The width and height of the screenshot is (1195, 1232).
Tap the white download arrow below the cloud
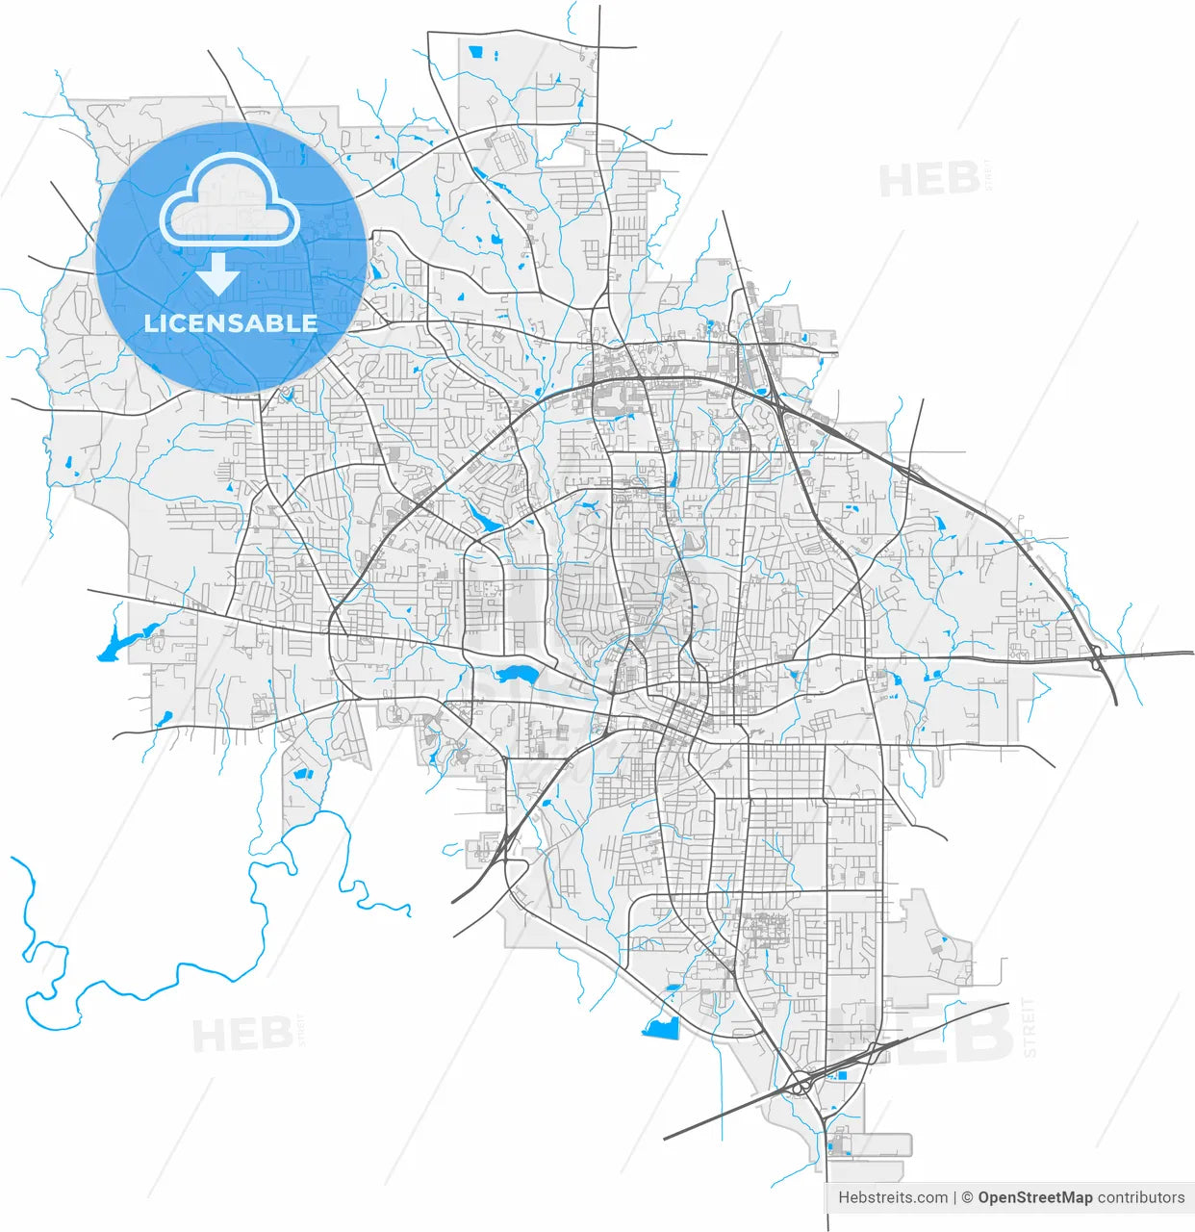[x=219, y=275]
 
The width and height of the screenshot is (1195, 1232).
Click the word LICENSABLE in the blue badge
[x=231, y=323]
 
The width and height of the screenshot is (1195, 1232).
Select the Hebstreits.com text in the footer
[x=892, y=1197]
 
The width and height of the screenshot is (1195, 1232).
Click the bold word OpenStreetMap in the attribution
[x=1034, y=1197]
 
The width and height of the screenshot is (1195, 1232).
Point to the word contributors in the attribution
[x=1141, y=1197]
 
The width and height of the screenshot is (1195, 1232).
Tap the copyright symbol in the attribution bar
[x=967, y=1197]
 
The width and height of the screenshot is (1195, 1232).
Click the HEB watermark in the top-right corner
[x=929, y=180]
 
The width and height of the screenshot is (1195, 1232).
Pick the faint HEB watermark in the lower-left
[x=243, y=1035]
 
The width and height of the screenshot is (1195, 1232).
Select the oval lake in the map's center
[x=517, y=673]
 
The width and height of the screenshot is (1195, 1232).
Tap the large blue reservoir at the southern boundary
[x=661, y=1027]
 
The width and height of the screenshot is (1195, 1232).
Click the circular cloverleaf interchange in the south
[x=801, y=1085]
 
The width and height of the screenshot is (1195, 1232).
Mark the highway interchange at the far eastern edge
[x=1097, y=657]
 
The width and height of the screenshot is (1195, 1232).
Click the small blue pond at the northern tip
[x=473, y=52]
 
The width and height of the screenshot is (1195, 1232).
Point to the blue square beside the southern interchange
[x=843, y=1075]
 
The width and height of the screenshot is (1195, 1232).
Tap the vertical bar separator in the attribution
[x=955, y=1197]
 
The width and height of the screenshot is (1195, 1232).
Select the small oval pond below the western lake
[x=165, y=717]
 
